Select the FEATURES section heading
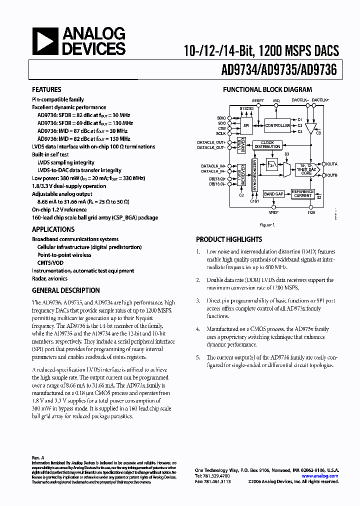(46, 90)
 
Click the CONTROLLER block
(277, 125)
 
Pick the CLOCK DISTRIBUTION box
(267, 144)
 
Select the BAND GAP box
(273, 193)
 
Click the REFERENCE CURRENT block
(302, 193)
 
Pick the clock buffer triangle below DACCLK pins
(311, 129)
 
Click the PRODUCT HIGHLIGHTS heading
(229, 239)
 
